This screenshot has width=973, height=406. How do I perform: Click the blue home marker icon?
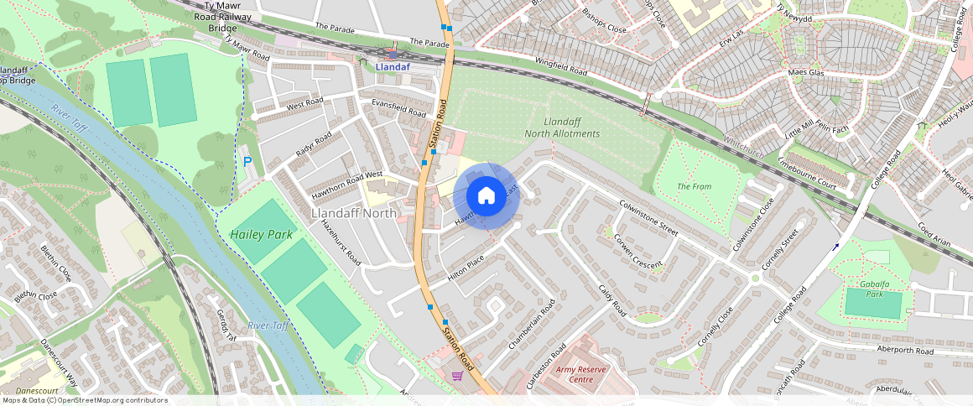pyautogui.click(x=486, y=196)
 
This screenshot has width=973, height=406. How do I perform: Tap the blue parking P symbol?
pyautogui.click(x=246, y=160)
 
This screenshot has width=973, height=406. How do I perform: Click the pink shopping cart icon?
pyautogui.click(x=457, y=376)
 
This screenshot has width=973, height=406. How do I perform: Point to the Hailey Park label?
pyautogui.click(x=263, y=235)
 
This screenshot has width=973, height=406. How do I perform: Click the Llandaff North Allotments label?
pyautogui.click(x=562, y=128)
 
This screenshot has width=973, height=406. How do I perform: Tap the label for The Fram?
pyautogui.click(x=694, y=186)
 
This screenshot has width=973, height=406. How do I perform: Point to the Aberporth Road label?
pyautogui.click(x=904, y=350)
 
